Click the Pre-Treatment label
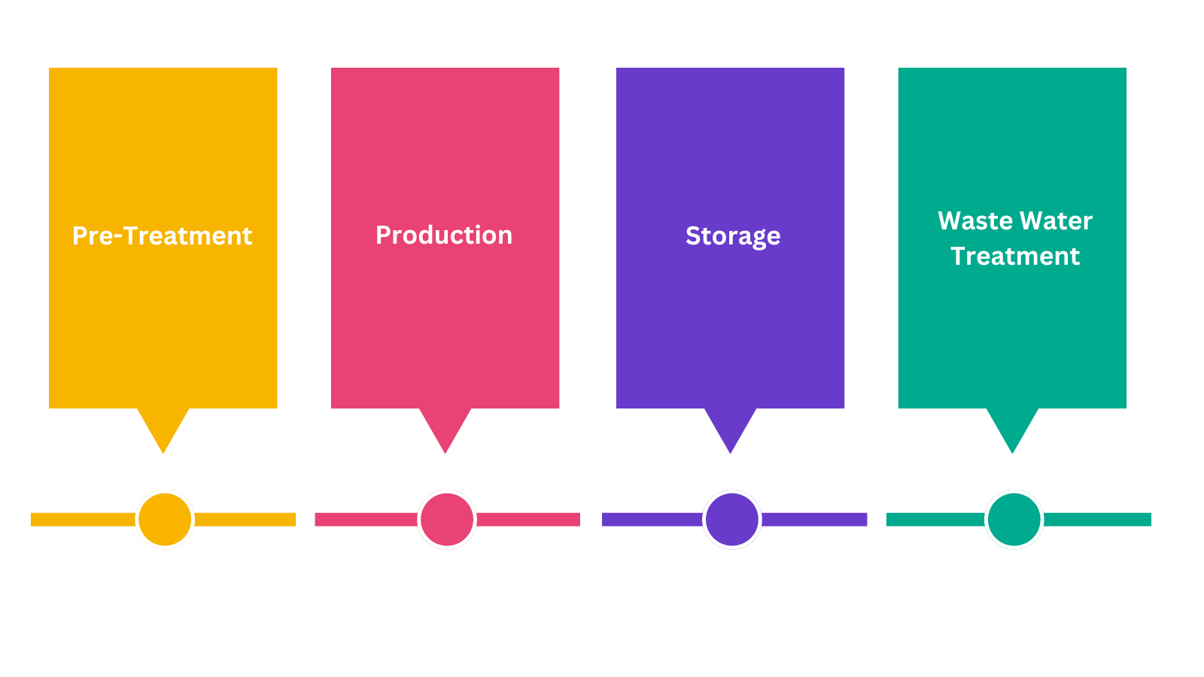(162, 235)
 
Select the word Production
(444, 235)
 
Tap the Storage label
(732, 236)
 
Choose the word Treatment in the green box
(1014, 256)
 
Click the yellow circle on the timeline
(165, 519)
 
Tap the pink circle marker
(447, 519)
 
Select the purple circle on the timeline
(731, 519)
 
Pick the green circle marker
(1014, 519)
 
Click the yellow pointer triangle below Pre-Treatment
(163, 427)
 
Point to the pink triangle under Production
(445, 427)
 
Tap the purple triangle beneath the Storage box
(730, 427)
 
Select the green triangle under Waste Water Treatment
(1012, 427)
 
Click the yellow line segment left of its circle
(83, 519)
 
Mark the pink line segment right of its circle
(528, 519)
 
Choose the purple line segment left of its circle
(652, 519)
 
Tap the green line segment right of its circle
(1097, 519)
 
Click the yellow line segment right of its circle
(245, 519)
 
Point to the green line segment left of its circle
(935, 519)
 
